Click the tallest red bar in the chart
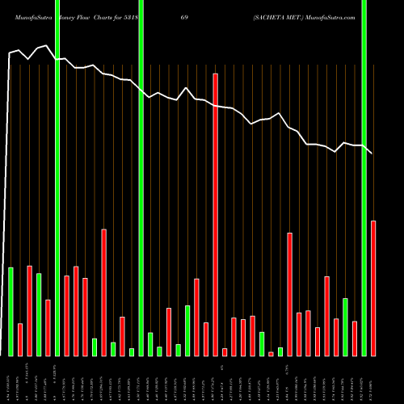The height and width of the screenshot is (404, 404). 216,214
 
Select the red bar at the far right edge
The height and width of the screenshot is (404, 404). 373,288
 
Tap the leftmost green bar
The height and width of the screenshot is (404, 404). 11,311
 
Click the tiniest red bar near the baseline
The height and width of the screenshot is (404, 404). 271,354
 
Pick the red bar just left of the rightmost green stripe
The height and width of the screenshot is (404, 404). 355,339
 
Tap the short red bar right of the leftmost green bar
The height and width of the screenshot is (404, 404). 20,339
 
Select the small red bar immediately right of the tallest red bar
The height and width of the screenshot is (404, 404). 225,351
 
